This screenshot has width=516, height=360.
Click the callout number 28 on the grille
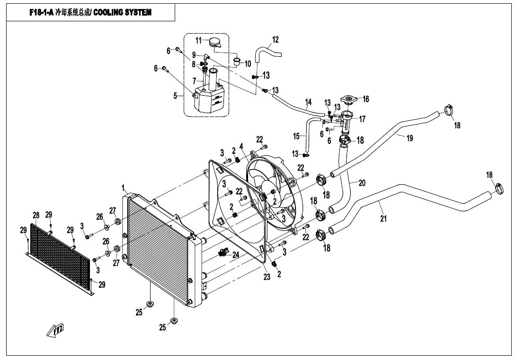(x=36, y=216)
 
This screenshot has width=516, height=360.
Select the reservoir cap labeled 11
(x=215, y=42)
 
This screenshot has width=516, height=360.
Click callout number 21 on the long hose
(x=383, y=218)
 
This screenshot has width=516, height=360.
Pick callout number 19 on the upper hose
(x=409, y=138)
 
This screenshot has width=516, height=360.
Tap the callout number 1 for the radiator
(x=124, y=189)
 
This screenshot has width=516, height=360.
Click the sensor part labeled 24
(x=224, y=253)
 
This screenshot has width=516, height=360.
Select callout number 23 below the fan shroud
(x=267, y=277)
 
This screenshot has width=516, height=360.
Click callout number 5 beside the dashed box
(x=176, y=96)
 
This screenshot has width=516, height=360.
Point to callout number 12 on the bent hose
(x=276, y=40)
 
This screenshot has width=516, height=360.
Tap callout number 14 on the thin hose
(x=308, y=102)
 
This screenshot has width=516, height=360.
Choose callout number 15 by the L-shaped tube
(x=296, y=135)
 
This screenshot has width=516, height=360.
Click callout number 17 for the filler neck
(x=362, y=119)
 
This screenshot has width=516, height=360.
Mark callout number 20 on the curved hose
(x=362, y=183)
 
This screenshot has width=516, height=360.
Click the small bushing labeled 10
(x=237, y=61)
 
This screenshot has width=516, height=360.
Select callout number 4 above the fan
(x=241, y=146)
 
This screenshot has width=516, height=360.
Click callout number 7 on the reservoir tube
(x=194, y=81)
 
